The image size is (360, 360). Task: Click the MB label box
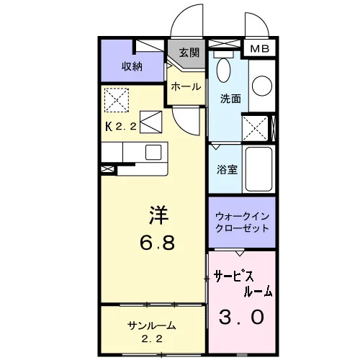pos(259,49)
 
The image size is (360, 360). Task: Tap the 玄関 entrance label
pos(189,53)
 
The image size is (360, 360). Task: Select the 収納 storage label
pos(132,66)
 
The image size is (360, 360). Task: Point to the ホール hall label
pos(186,86)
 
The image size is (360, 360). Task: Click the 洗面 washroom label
pos(230,99)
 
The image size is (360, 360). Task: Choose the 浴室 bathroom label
pos(227,169)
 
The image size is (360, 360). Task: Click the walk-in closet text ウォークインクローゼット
pos(242,222)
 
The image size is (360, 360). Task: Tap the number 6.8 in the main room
pos(157,243)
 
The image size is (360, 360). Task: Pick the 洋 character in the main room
pos(158,215)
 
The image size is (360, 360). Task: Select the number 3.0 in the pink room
pos(241,317)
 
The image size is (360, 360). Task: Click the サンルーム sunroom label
pos(151,325)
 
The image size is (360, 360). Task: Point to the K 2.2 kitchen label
pos(121,126)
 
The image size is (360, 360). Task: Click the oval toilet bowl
pos(223,70)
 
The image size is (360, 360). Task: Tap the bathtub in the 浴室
pos(258,169)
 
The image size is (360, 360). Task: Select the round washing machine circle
pos(262,86)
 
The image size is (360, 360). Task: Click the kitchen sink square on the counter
pos(153,152)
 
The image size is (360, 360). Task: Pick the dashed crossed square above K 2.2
pos(117,100)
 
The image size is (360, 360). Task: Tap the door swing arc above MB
pos(261,20)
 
